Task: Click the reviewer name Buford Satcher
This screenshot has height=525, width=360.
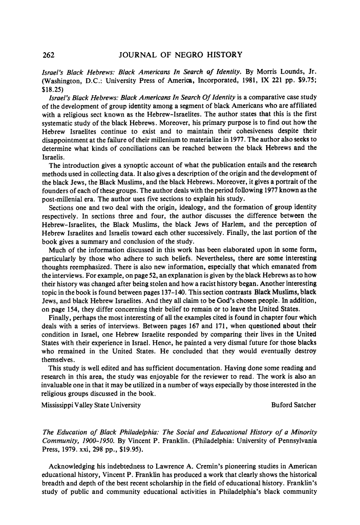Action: click(293, 405)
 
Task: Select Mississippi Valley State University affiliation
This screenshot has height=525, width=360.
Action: click(92, 405)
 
